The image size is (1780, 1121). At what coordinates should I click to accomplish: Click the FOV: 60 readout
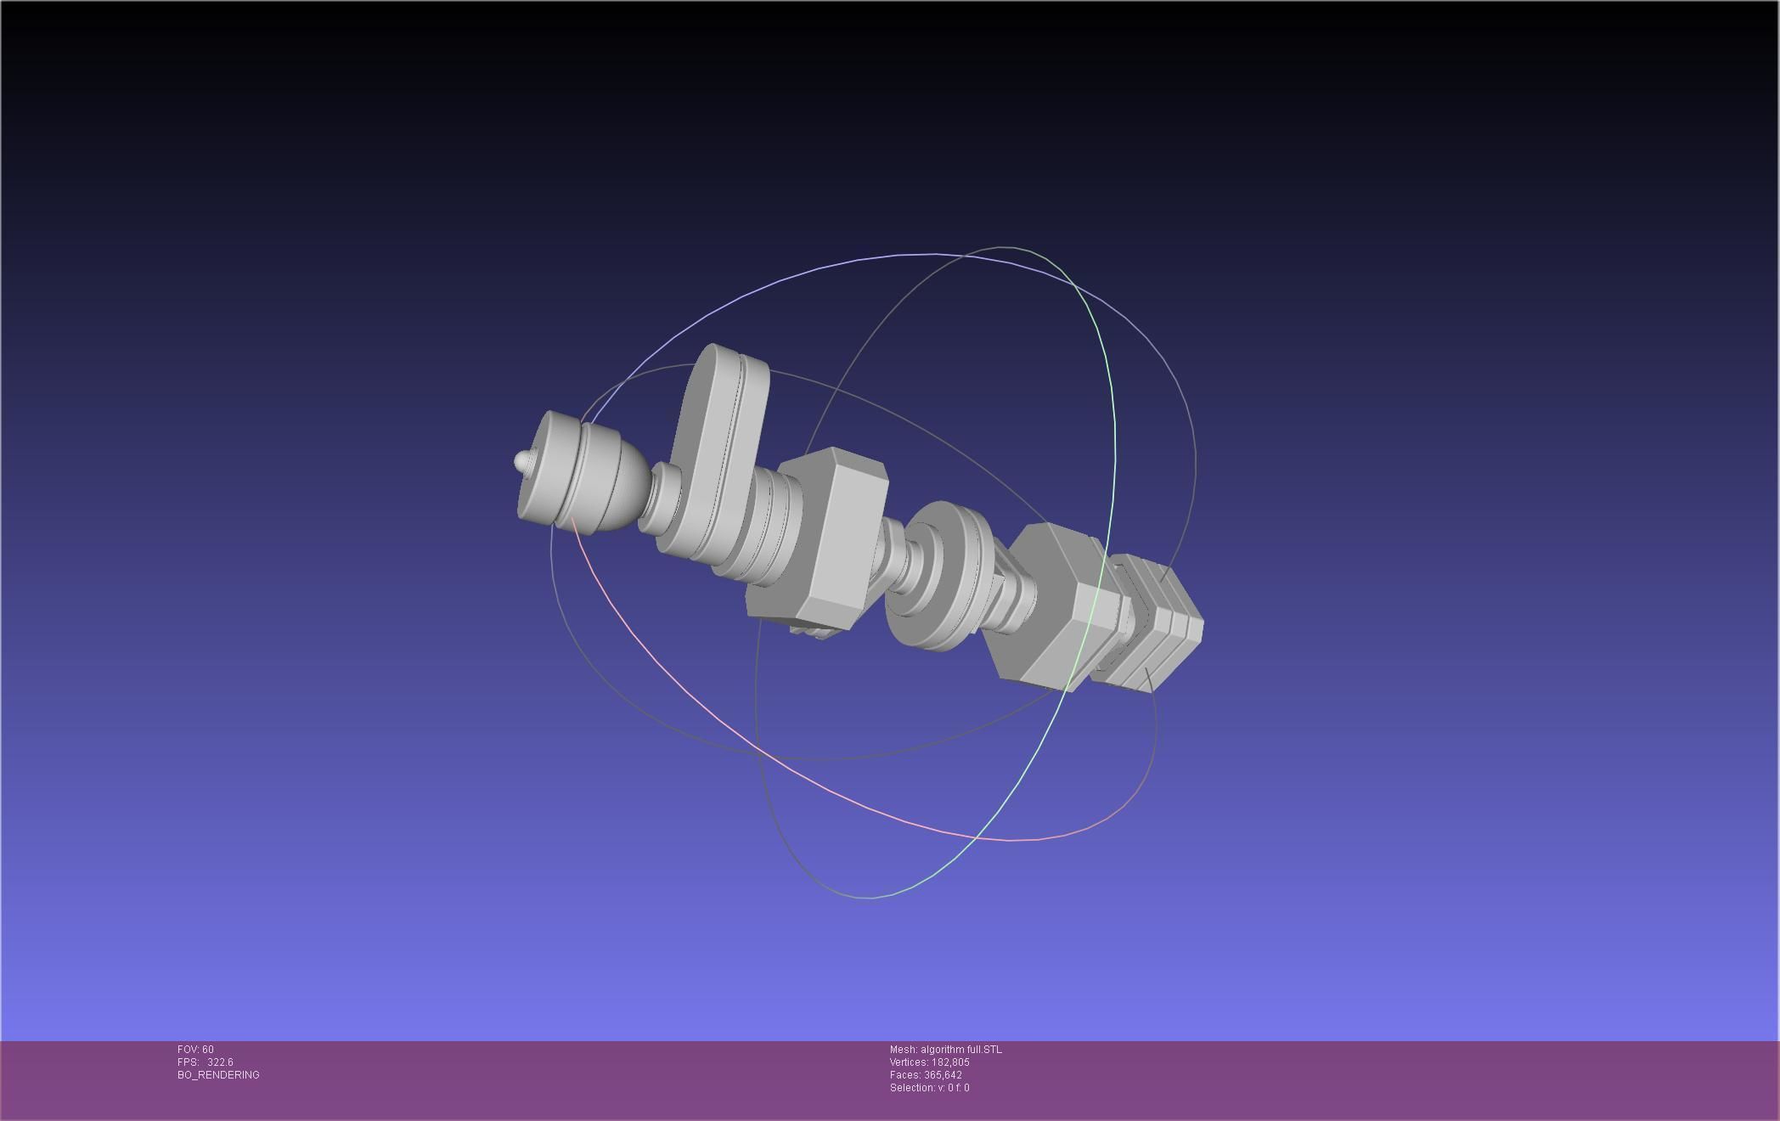[x=195, y=1050]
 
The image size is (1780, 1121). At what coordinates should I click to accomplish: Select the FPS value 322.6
[x=219, y=1062]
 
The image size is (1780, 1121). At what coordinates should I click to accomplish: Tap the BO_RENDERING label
[x=218, y=1075]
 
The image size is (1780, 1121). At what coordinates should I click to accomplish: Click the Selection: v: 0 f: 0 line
[x=929, y=1088]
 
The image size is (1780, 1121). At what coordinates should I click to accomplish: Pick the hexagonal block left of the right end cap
[x=1053, y=607]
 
